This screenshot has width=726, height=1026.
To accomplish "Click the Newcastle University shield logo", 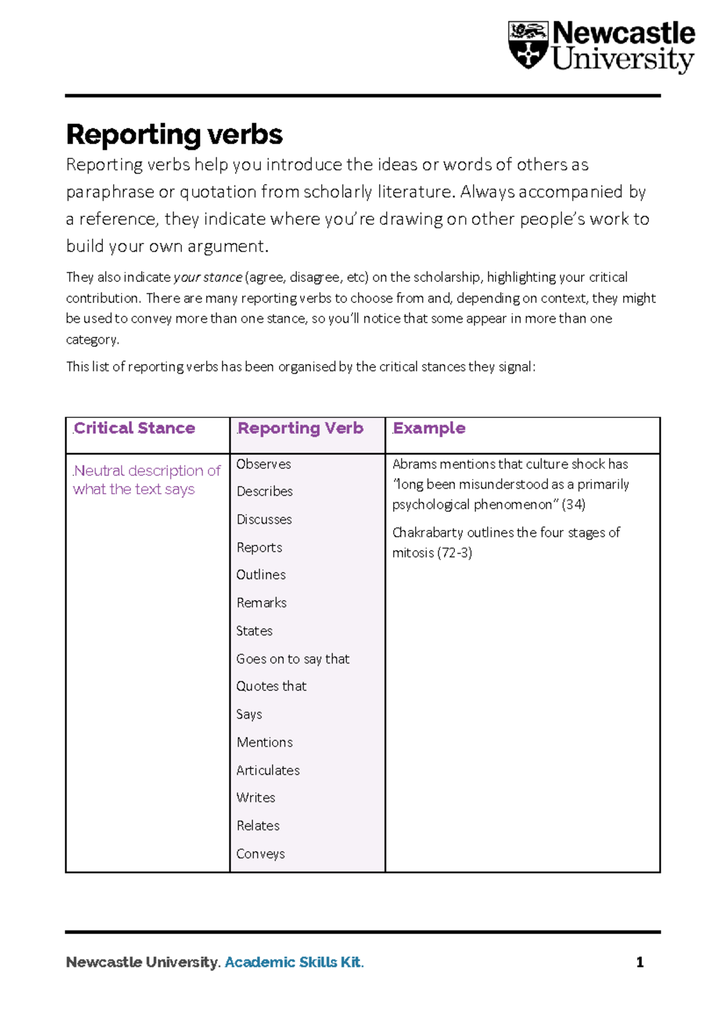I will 528,45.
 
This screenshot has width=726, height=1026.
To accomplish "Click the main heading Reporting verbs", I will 174,134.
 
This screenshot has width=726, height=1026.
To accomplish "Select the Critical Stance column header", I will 134,428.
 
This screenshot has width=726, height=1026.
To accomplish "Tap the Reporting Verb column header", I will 301,428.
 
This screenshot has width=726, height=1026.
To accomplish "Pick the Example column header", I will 430,428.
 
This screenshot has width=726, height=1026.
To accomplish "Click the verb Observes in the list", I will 264,464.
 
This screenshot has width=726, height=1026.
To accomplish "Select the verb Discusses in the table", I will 264,520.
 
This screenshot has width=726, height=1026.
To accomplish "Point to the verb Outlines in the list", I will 261,575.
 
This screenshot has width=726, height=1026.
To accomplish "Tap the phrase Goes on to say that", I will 293,659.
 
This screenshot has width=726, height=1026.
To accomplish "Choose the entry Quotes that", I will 272,686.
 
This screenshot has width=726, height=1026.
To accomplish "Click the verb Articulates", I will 268,770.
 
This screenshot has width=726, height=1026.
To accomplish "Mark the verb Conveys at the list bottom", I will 261,854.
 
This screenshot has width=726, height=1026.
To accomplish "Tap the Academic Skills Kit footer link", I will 294,962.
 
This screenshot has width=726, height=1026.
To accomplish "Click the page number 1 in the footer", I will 639,962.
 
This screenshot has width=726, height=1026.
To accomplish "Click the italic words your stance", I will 208,277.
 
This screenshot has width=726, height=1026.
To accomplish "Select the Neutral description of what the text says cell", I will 146,480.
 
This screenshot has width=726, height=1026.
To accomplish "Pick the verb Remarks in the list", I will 261,603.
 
